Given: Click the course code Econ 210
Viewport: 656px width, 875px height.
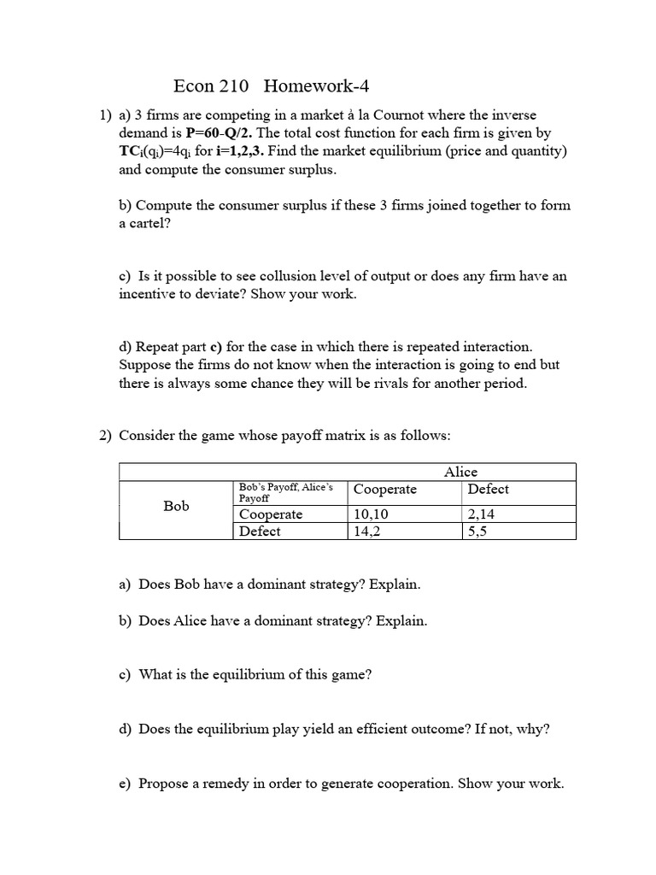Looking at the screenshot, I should (x=211, y=85).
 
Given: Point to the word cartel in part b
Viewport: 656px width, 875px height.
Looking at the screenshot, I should (x=146, y=224).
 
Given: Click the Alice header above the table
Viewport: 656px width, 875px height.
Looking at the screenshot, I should (x=460, y=472).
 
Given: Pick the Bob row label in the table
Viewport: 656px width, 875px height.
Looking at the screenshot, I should (x=176, y=506).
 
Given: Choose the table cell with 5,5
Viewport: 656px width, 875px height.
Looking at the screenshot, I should (x=477, y=531).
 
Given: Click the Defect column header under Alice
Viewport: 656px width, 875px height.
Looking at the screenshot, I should (x=488, y=489).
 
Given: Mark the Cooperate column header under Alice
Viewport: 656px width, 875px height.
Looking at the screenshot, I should (x=385, y=489).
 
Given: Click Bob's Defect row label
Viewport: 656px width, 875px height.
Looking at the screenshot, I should (x=260, y=531).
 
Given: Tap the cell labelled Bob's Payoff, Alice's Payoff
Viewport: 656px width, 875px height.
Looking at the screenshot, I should (x=285, y=491).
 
